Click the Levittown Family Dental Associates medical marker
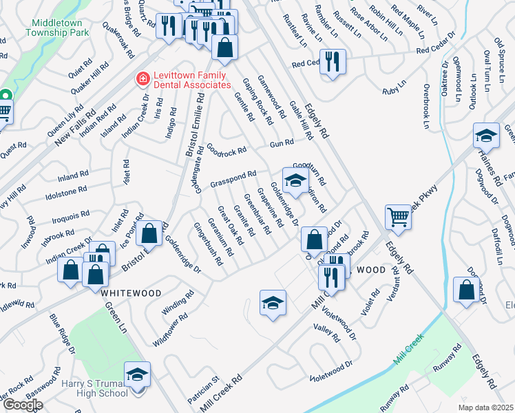pos(143,79)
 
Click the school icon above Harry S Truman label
pos(137,375)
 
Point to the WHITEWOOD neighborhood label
pos(131,293)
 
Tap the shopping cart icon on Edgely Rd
pos(398,218)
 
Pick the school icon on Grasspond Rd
pos(295,181)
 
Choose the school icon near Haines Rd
pos(486,136)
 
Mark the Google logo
pos(22,405)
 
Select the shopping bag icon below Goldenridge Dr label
pos(314,240)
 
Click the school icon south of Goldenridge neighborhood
pos(273,303)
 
